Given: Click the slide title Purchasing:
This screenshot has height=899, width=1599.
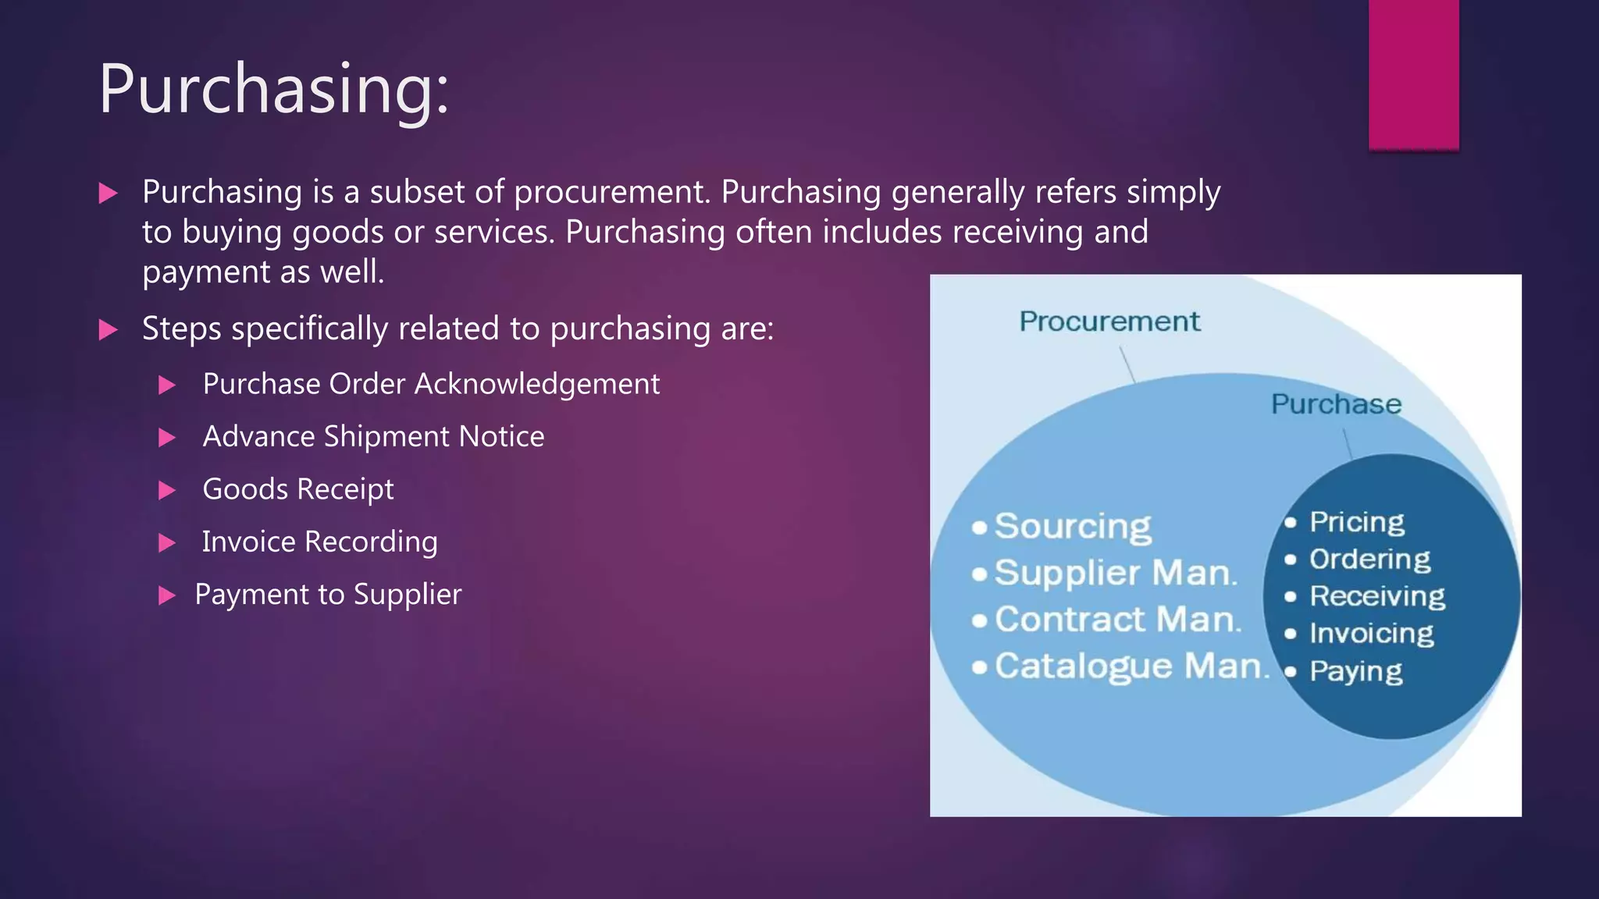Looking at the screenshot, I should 273,90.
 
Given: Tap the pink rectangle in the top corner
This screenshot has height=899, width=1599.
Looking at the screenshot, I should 1413,74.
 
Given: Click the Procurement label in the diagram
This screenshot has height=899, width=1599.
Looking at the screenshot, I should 1109,322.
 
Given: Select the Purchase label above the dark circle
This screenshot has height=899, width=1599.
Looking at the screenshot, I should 1336,404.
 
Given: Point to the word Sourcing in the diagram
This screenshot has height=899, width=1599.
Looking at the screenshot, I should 1073,527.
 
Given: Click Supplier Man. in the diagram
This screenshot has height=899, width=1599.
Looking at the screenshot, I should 1116,574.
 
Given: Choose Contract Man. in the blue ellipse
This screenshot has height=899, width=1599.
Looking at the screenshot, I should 1117,620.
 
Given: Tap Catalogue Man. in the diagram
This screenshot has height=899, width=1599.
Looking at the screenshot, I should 1131,666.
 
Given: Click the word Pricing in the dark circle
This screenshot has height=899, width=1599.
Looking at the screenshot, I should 1356,522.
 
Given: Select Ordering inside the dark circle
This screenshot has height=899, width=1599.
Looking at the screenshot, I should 1369,559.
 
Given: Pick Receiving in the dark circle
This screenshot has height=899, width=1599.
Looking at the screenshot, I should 1376,596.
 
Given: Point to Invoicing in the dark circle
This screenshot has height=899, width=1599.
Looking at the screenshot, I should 1371,633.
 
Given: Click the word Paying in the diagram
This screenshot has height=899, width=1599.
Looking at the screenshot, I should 1355,671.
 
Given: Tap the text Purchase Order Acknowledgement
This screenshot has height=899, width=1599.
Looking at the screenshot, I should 431,384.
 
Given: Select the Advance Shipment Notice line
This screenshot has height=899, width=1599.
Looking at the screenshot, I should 373,436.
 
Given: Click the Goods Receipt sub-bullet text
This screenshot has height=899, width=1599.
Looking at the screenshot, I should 298,489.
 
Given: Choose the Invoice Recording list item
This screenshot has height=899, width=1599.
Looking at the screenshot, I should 319,542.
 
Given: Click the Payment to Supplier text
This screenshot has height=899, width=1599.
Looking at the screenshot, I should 328,595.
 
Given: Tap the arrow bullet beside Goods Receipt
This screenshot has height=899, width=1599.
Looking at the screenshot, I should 166,490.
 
